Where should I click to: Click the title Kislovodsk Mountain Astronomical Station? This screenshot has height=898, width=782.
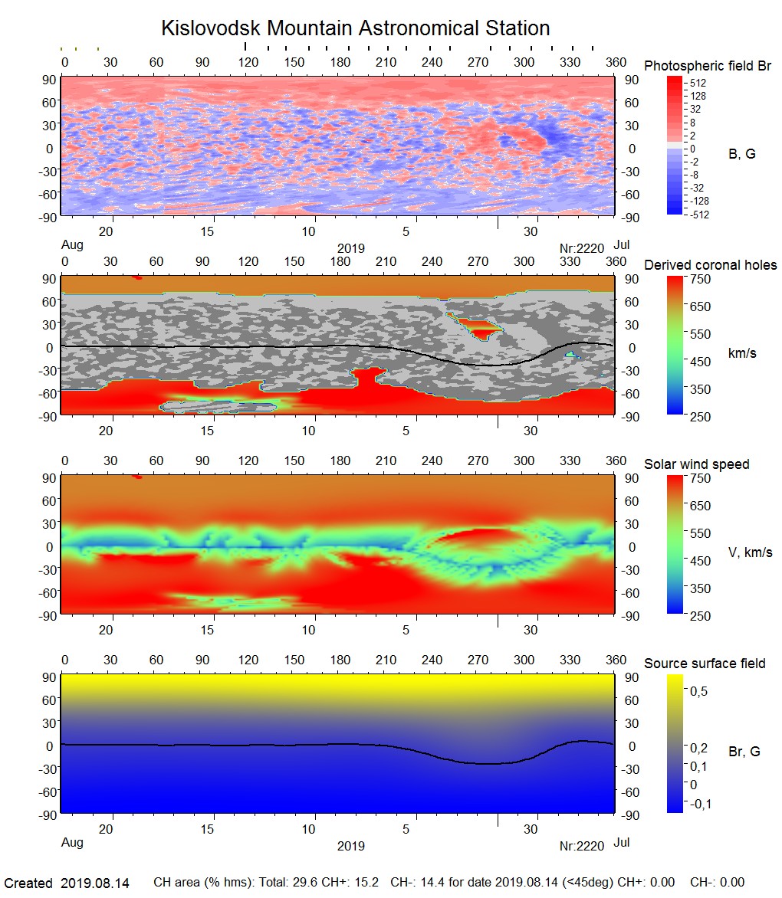click(x=355, y=28)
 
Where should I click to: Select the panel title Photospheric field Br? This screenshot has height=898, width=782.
click(x=708, y=66)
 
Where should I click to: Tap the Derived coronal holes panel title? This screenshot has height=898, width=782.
click(x=710, y=265)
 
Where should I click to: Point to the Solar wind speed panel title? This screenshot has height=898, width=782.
click(x=696, y=464)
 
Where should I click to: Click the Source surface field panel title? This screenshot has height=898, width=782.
click(x=705, y=663)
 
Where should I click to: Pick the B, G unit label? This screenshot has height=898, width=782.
click(x=741, y=154)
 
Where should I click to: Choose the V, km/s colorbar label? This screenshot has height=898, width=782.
click(x=750, y=552)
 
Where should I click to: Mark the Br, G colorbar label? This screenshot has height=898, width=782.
click(x=744, y=752)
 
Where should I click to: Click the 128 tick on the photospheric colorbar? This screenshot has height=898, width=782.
click(x=698, y=96)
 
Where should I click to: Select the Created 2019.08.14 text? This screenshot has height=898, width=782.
click(x=67, y=883)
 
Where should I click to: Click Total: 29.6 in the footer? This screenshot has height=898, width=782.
click(x=291, y=883)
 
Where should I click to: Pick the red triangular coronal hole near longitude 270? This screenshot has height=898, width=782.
click(x=478, y=329)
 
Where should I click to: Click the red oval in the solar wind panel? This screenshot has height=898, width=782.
click(x=474, y=537)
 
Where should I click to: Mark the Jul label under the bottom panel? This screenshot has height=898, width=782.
click(x=622, y=843)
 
